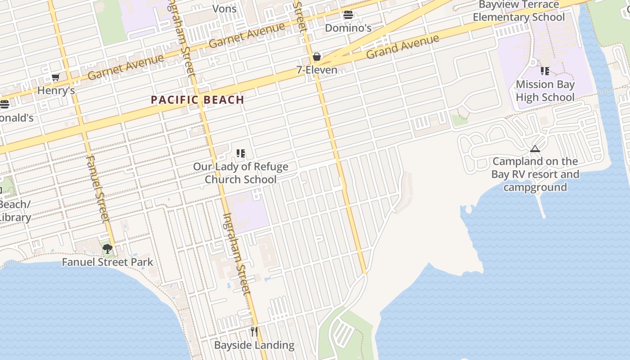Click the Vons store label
(x=224, y=9)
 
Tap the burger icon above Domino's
(x=348, y=15)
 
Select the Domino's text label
(x=348, y=28)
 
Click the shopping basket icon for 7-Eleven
(x=317, y=57)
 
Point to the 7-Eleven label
(x=317, y=70)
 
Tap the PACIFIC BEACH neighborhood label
(x=198, y=100)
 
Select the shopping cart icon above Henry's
(x=55, y=77)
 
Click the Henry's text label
(x=56, y=90)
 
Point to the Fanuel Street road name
(x=97, y=189)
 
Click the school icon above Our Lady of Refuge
(x=241, y=153)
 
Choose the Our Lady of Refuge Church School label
(x=241, y=173)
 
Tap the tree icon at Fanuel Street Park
(x=107, y=249)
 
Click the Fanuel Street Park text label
(x=107, y=262)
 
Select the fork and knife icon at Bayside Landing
(x=254, y=332)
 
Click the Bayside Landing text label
(x=254, y=345)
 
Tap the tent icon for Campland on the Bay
(x=535, y=148)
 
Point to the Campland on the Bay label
(x=535, y=174)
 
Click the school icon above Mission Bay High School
(x=545, y=71)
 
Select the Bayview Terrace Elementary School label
(x=518, y=11)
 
